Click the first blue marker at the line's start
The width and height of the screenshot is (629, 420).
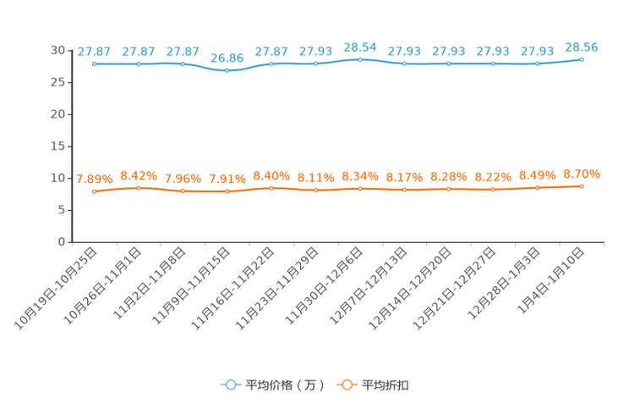coord(94,64)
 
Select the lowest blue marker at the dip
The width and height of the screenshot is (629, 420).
coord(227,71)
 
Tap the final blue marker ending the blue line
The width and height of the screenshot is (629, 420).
coord(582,59)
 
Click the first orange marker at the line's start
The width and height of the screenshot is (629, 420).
coord(94,191)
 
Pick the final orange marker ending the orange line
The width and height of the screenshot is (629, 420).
coord(582,186)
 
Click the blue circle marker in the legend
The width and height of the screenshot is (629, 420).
coord(229,384)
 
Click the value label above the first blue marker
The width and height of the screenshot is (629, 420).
coord(94,52)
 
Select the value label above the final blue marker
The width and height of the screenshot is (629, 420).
coord(582,47)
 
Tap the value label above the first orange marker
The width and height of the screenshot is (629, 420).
coord(94,179)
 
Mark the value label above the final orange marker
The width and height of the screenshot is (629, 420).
coord(582,174)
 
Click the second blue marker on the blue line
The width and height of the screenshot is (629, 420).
coord(138,64)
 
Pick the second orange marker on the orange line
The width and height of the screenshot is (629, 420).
coord(138,188)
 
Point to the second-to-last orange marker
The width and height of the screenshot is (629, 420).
coord(537,188)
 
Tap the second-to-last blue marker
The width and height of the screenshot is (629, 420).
coord(537,64)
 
